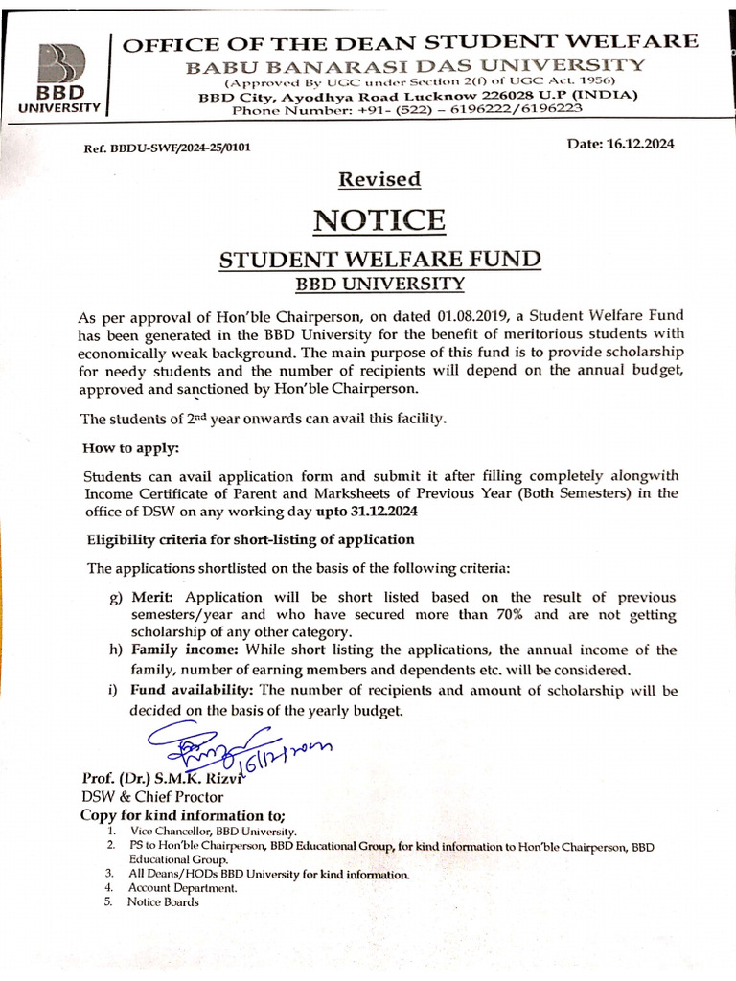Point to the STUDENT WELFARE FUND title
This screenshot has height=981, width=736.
tap(380, 260)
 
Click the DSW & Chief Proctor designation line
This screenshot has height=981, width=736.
tap(151, 796)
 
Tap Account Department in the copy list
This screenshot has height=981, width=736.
tap(183, 888)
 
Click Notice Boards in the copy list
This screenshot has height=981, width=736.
tap(163, 902)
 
